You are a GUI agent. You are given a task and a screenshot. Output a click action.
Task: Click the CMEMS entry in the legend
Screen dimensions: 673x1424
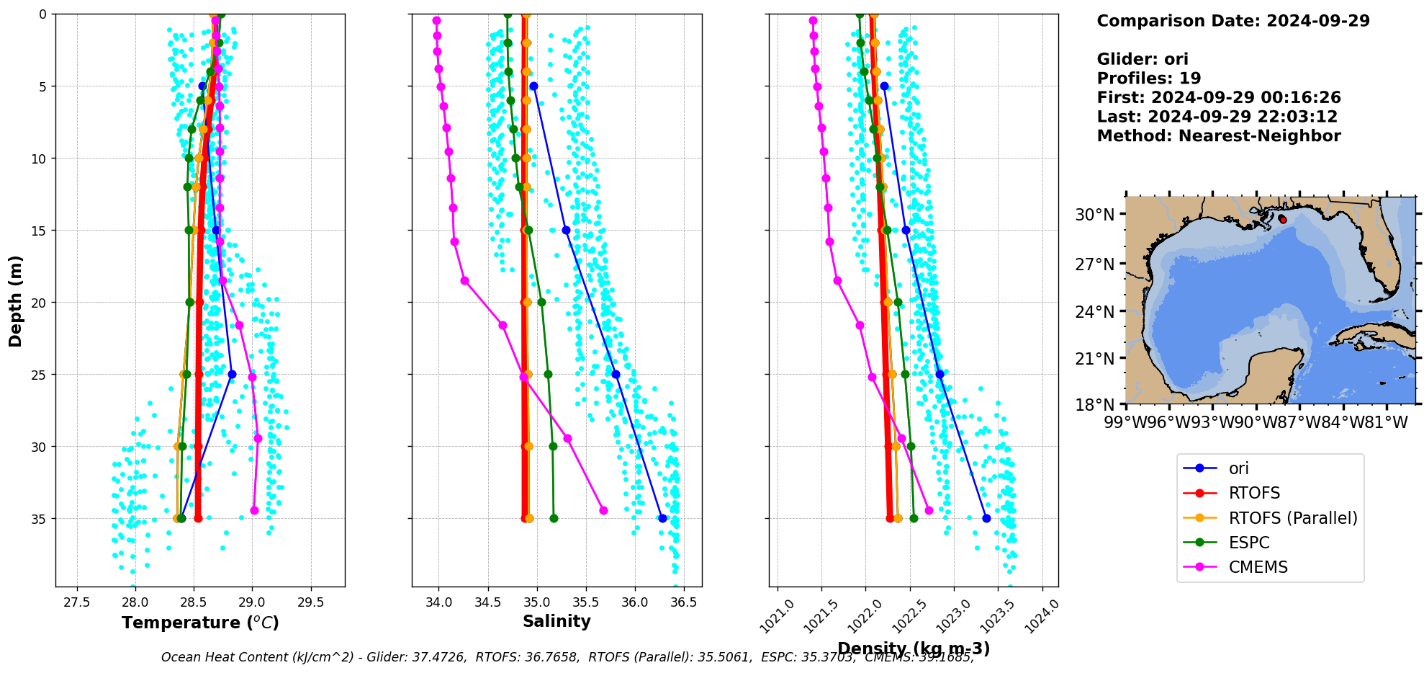point(1258,567)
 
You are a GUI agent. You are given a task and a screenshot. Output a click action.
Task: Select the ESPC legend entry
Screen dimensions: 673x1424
point(1249,543)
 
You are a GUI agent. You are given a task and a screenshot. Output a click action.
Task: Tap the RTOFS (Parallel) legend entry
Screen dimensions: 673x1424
point(1292,518)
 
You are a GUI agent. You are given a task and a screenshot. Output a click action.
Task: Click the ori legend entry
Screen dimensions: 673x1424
point(1238,468)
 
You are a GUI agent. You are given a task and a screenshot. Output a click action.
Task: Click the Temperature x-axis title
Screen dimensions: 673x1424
point(200,623)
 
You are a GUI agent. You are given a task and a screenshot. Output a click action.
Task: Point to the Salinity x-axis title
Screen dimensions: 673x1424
point(556,621)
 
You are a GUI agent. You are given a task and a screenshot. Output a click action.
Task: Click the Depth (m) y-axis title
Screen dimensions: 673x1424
point(16,300)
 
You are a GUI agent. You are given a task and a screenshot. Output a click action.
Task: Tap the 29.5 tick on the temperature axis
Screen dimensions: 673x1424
point(310,602)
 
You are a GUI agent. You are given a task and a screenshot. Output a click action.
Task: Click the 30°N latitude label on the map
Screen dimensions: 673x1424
point(1094,215)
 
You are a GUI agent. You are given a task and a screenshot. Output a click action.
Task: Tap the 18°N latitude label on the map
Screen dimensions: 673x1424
point(1094,404)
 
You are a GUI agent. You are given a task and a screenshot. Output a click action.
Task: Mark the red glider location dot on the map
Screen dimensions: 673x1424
point(1282,219)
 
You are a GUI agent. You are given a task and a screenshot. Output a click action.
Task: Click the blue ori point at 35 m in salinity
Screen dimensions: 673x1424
point(662,518)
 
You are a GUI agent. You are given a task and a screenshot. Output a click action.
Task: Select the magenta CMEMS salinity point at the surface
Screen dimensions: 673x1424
point(436,21)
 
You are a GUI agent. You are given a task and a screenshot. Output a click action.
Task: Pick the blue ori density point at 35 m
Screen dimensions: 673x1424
point(986,518)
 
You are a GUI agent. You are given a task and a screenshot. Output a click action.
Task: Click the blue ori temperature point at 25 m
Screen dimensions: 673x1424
point(232,374)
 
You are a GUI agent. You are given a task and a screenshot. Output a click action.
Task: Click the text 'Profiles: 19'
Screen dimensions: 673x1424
point(1148,79)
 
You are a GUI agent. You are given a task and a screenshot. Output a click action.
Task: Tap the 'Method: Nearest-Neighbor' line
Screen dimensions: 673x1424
point(1218,136)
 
